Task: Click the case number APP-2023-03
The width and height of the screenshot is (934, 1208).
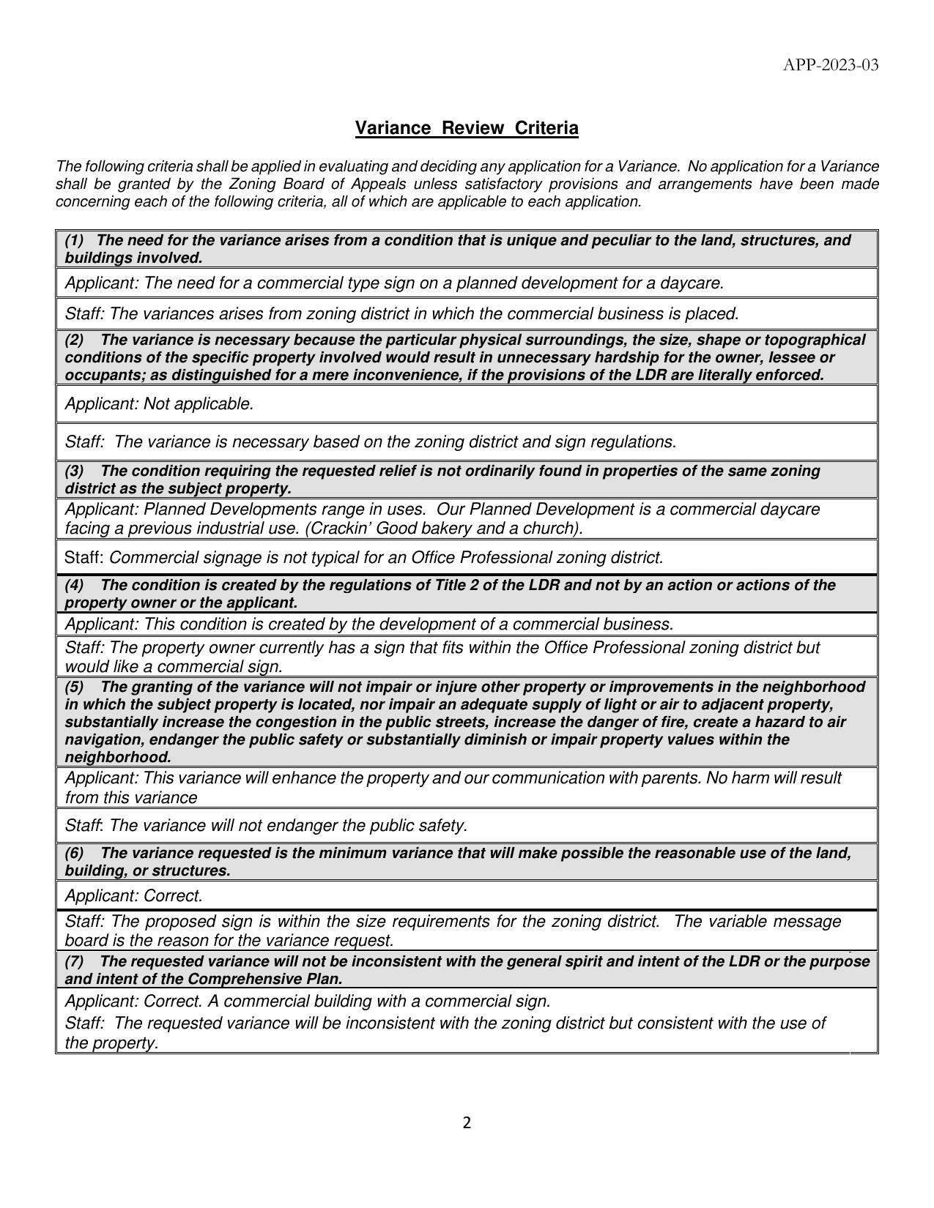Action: (x=830, y=65)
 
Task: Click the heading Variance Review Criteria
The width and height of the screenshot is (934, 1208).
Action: (x=467, y=128)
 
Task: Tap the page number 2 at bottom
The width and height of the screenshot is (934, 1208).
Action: (x=467, y=1123)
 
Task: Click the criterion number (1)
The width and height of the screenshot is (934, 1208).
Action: (x=75, y=240)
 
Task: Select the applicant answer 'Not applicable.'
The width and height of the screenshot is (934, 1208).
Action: (x=199, y=404)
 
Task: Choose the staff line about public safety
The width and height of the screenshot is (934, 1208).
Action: (x=266, y=826)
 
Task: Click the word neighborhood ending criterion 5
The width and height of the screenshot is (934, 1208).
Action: (x=117, y=757)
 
